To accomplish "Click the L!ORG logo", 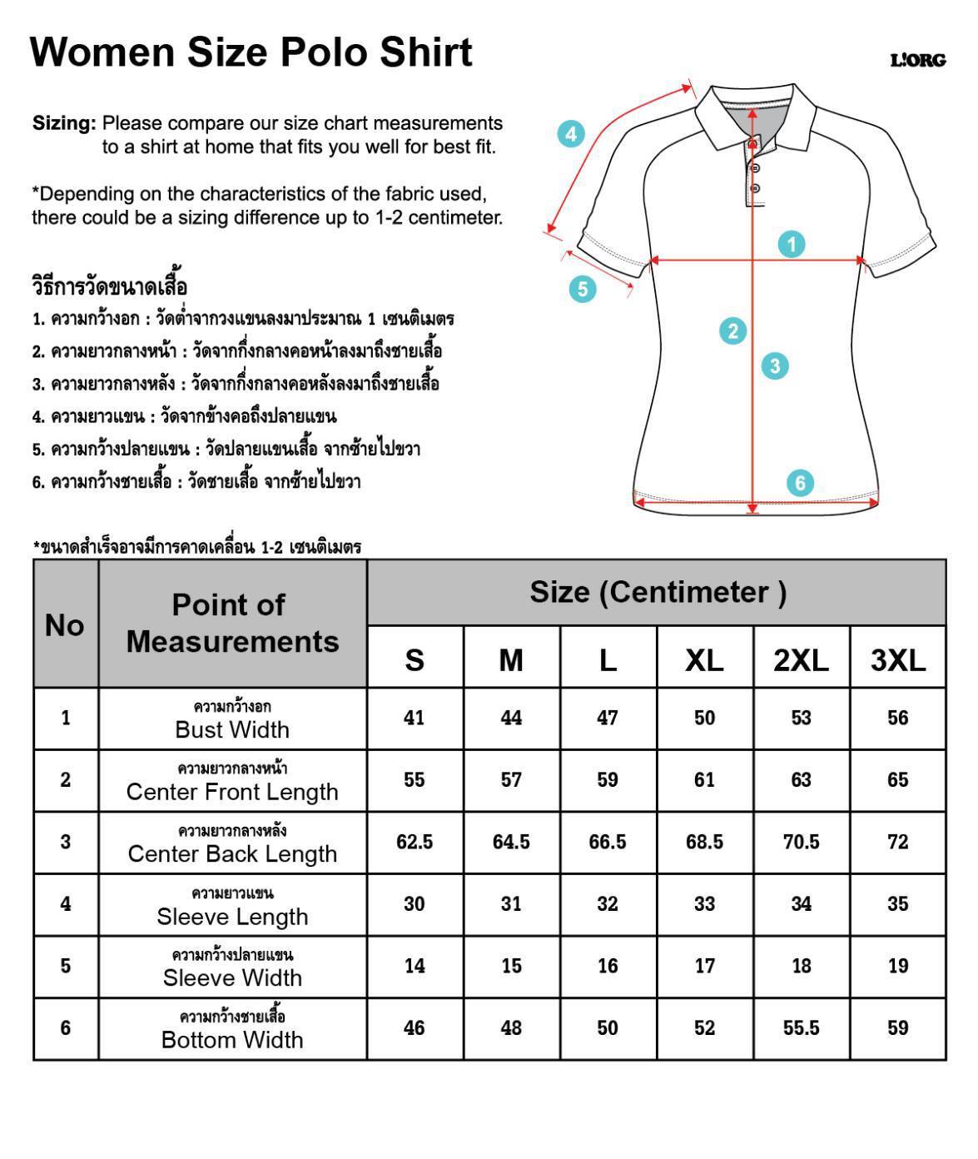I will click(x=918, y=61).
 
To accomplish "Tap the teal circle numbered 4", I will click(x=570, y=134).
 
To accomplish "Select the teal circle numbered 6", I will click(x=800, y=483).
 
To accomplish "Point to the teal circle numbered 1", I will click(x=792, y=244).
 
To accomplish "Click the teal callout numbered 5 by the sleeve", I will click(x=583, y=289).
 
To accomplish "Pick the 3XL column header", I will click(x=897, y=660).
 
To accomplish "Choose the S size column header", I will click(x=415, y=660).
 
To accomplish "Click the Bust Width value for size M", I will click(x=511, y=718).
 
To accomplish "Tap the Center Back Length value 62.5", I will click(x=415, y=842).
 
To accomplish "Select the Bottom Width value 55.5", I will click(x=801, y=1028).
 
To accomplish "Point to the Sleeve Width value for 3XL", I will click(x=897, y=966).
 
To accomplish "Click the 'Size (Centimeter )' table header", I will click(x=657, y=592).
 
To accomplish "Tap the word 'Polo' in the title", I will click(x=324, y=52).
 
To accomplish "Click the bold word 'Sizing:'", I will click(x=64, y=123).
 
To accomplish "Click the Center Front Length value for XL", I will click(x=704, y=780).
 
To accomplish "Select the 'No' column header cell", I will click(x=65, y=624).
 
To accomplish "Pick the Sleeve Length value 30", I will click(x=415, y=904).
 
